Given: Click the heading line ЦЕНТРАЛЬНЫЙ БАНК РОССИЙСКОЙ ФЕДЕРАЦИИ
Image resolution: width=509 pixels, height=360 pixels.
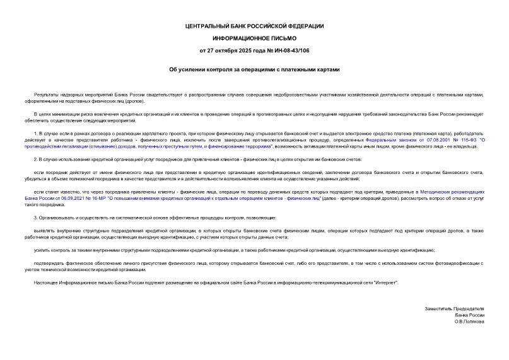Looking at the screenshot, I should click(254, 25).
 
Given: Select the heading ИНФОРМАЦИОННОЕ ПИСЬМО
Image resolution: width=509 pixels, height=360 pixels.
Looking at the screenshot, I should click(254, 37).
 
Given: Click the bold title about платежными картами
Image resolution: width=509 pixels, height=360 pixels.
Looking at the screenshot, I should click(254, 68).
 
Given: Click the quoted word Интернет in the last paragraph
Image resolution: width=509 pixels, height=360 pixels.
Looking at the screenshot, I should click(385, 283).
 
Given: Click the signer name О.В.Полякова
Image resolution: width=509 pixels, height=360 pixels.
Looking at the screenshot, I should click(470, 321).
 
